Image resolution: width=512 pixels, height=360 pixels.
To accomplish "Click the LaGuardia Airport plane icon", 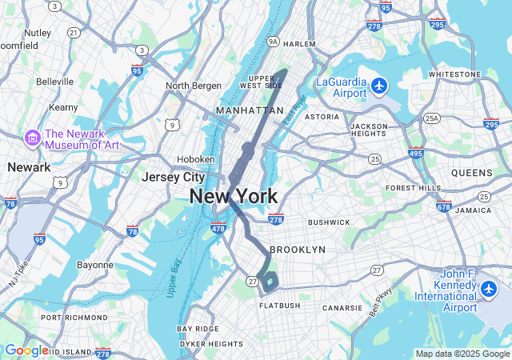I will (x=378, y=85).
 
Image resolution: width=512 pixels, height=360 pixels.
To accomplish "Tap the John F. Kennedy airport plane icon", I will (x=490, y=287).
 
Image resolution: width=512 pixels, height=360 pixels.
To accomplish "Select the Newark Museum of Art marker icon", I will (x=33, y=138).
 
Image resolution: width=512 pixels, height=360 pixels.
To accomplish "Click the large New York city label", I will (x=234, y=196).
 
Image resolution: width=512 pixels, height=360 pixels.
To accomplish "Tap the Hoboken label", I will (x=196, y=159).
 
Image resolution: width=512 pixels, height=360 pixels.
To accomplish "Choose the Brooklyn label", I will (x=298, y=250).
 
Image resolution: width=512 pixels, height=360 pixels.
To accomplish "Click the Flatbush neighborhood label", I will (x=278, y=306).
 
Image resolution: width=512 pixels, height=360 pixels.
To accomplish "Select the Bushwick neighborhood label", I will (x=329, y=222).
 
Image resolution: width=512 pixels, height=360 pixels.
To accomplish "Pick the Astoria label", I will (x=322, y=116).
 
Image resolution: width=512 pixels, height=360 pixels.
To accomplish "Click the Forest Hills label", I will (x=413, y=188).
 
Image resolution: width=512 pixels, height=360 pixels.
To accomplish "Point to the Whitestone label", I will (x=454, y=74).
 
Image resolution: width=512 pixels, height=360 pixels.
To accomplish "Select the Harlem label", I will (x=299, y=44).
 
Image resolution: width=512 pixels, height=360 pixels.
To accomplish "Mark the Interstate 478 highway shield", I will (x=218, y=229).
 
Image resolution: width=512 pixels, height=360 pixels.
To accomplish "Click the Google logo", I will (x=26, y=350).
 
